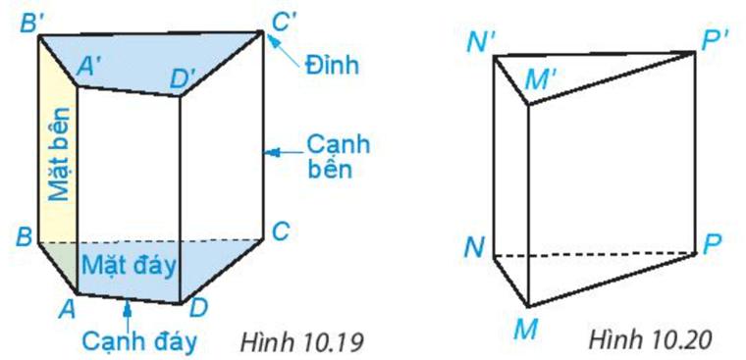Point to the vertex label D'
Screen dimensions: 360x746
(x=184, y=79)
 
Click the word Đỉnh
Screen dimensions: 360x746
(x=333, y=67)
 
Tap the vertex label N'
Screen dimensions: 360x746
(x=482, y=42)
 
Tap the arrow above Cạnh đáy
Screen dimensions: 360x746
(x=128, y=312)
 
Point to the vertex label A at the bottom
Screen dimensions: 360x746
(x=68, y=309)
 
